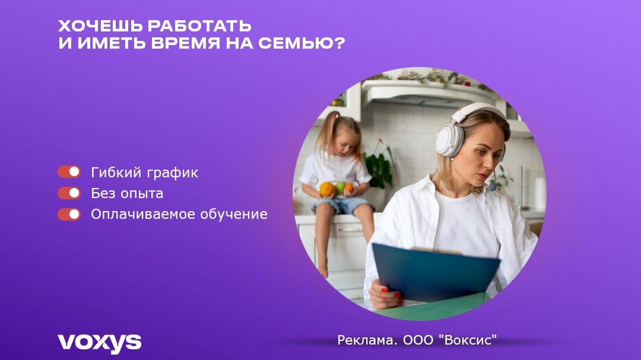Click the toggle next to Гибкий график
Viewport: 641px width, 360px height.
pyautogui.click(x=69, y=172)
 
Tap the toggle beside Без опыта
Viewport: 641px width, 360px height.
pyautogui.click(x=69, y=193)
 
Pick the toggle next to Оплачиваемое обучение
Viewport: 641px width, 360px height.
pyautogui.click(x=69, y=214)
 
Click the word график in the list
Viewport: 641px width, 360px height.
pyautogui.click(x=173, y=173)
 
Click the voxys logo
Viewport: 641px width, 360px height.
pyautogui.click(x=99, y=342)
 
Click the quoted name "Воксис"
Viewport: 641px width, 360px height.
pyautogui.click(x=467, y=340)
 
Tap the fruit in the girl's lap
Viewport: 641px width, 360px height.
pyautogui.click(x=336, y=189)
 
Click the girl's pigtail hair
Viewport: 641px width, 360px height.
pyautogui.click(x=324, y=133)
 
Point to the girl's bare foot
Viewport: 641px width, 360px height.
pyautogui.click(x=323, y=270)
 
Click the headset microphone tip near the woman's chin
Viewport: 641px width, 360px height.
pyautogui.click(x=492, y=187)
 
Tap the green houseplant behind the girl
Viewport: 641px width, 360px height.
pyautogui.click(x=379, y=166)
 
